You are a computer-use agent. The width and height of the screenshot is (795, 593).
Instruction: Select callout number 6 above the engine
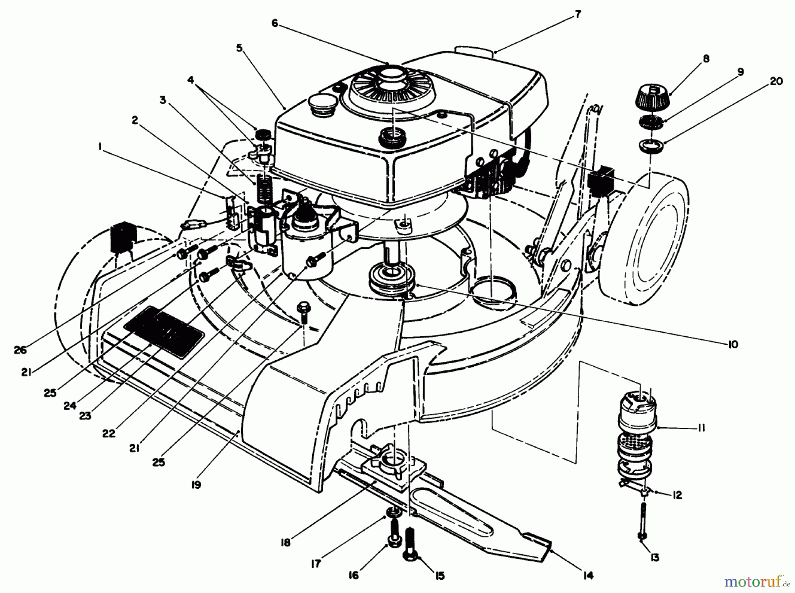[x=275, y=23]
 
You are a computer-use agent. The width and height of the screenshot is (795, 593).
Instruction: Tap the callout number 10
[x=733, y=344]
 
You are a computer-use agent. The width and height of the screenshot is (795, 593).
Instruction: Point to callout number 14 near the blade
[x=588, y=575]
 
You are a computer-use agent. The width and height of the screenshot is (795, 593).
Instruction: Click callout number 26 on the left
[x=20, y=350]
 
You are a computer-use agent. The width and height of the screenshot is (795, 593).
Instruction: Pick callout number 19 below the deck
[x=196, y=485]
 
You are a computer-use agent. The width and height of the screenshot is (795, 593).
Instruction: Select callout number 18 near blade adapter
[x=286, y=542]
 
